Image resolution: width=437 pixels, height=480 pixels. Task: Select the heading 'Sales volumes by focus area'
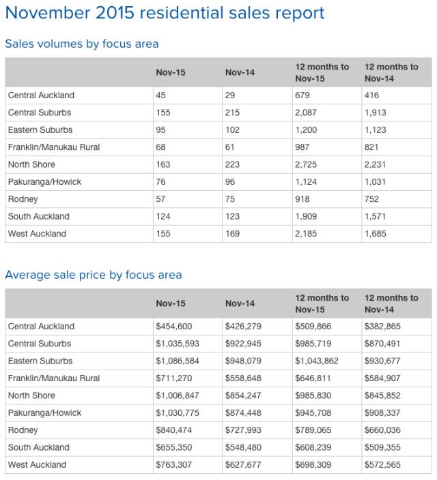pos(81,44)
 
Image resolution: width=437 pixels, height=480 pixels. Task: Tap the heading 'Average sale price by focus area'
pos(93,275)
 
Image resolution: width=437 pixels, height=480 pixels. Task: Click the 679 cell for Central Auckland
pos(302,95)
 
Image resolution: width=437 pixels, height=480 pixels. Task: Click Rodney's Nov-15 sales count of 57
pos(161,199)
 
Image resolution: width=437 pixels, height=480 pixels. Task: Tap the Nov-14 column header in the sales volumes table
pos(240,72)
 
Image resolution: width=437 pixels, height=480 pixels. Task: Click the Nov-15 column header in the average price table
pos(170,303)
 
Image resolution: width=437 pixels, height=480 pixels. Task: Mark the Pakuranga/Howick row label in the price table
pos(44,413)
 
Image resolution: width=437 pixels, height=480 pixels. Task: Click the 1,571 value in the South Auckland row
pos(376,216)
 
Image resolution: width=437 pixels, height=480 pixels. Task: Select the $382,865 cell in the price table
pos(384,327)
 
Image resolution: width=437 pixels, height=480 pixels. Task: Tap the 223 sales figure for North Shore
pos(232,164)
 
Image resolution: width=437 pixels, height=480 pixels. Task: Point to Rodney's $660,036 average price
pos(384,430)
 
